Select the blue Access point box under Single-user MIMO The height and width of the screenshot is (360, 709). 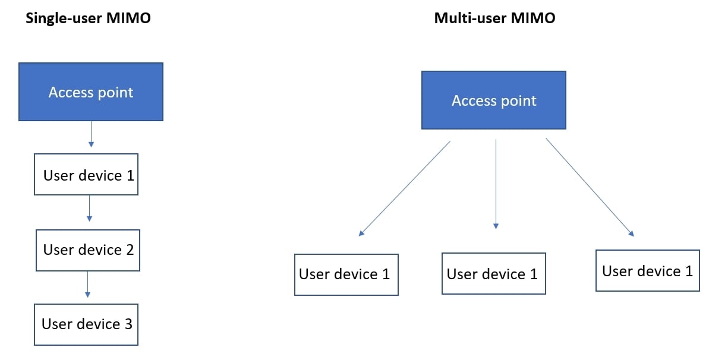91,92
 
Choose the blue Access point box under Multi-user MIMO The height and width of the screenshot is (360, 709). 494,100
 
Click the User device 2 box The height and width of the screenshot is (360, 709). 88,250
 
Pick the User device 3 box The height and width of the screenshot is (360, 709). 86,324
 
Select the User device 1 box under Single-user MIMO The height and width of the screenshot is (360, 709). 86,175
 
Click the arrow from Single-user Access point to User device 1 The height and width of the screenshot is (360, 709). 90,134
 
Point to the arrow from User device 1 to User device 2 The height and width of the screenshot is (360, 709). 89,208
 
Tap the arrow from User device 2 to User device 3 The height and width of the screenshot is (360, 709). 87,283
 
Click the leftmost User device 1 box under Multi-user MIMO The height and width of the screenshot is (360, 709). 346,274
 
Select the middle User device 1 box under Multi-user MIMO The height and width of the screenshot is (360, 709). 493,273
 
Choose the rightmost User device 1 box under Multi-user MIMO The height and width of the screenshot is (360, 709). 647,270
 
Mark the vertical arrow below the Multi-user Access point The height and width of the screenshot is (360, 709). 496,184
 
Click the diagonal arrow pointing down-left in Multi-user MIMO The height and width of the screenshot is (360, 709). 405,188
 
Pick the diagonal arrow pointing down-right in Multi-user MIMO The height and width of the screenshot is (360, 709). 590,187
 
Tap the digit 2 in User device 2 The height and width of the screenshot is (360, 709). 129,250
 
